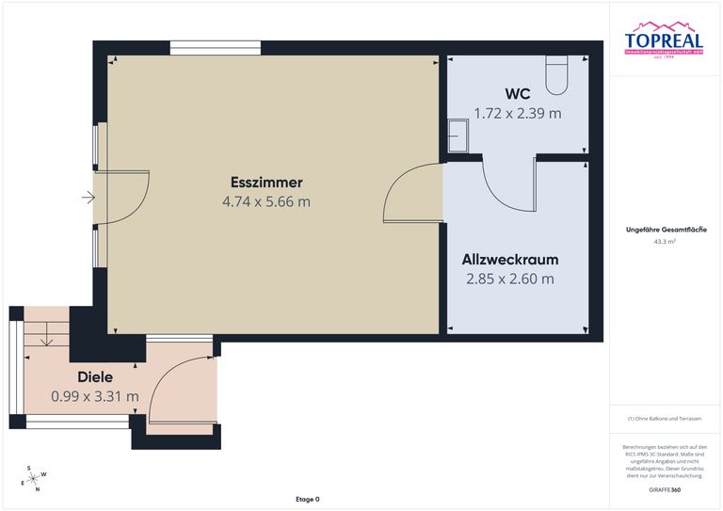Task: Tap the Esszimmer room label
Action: coord(266,182)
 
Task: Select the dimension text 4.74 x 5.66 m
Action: coord(266,201)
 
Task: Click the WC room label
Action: coord(517,94)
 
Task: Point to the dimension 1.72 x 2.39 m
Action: coord(517,113)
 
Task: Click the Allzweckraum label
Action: coord(510,259)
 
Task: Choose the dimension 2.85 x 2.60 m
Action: coord(510,279)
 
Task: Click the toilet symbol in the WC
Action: coord(557,74)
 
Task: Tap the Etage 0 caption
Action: coord(307,499)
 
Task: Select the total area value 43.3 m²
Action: coord(665,242)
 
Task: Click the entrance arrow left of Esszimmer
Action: coord(88,198)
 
